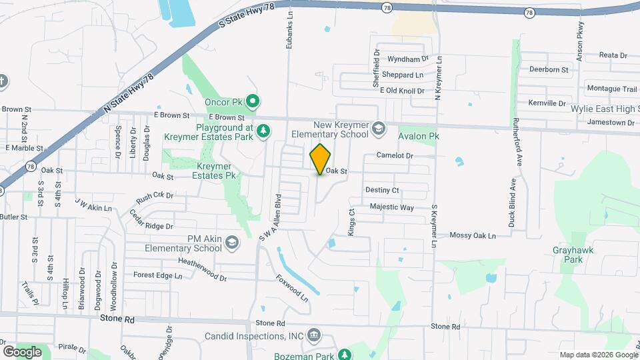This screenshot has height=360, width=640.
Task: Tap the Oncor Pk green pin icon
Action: point(252,102)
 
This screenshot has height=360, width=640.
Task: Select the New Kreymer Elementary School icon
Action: point(378,128)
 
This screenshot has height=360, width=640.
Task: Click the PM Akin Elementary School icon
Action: point(231,242)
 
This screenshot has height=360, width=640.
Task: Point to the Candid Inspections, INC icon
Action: point(315,335)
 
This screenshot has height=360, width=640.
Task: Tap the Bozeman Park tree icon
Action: point(344,355)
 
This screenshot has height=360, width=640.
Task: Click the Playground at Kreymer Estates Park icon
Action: point(264,130)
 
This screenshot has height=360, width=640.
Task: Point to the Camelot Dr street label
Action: point(395,155)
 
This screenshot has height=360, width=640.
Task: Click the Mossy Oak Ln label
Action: point(473,235)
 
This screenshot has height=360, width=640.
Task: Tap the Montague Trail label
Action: point(611,89)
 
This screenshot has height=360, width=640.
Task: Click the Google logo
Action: point(22,351)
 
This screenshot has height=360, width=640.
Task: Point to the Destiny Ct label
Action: point(381,190)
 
